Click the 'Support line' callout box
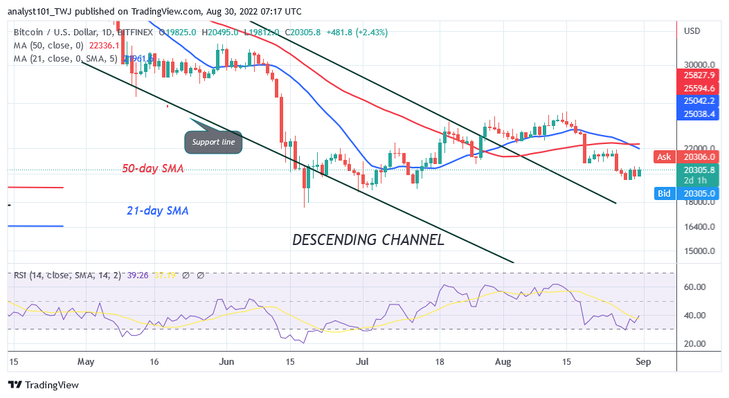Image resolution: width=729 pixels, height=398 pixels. click(x=213, y=142)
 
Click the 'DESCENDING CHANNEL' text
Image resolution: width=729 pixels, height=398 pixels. click(x=368, y=240)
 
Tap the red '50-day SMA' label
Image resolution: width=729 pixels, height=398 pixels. click(x=152, y=168)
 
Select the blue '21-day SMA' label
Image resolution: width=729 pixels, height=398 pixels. click(x=158, y=210)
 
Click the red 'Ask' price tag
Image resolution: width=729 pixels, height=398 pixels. click(x=664, y=157)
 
